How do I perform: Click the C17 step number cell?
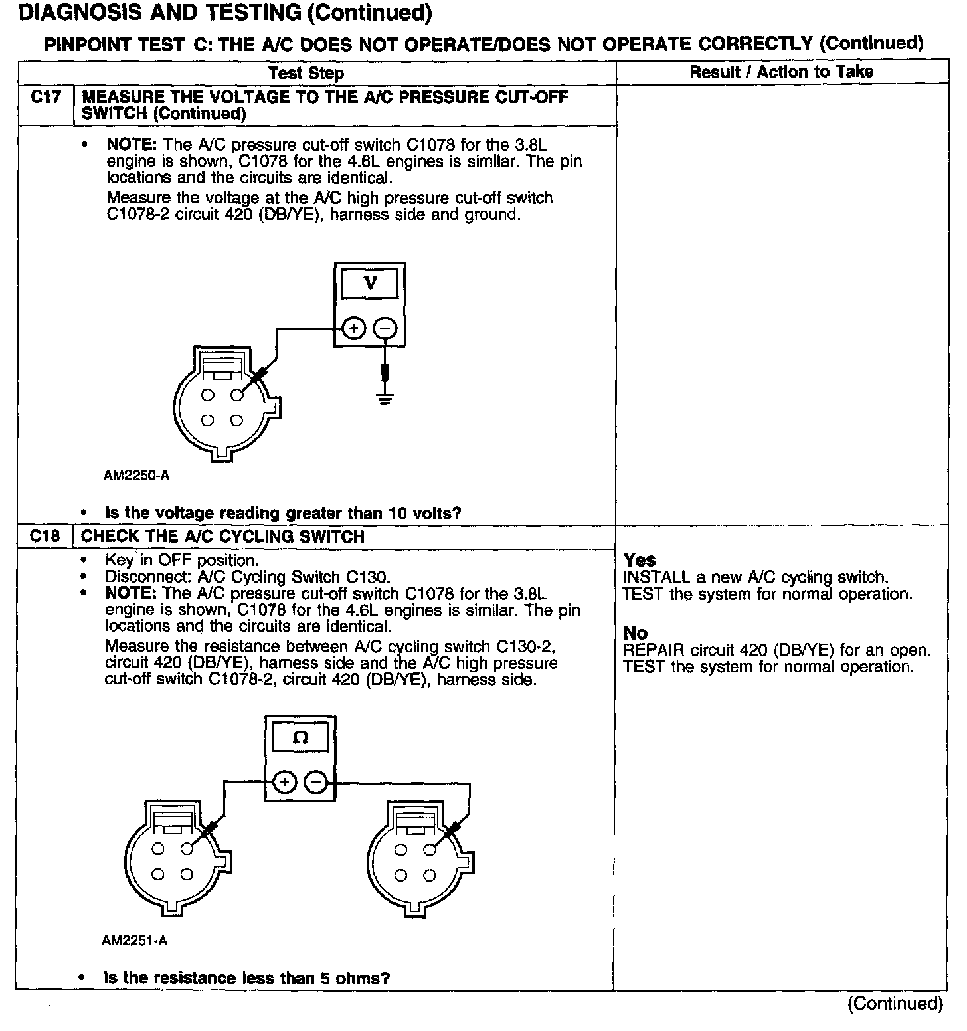[45, 98]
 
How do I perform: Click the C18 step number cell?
[45, 536]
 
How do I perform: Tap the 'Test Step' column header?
[306, 73]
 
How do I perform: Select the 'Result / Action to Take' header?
[781, 72]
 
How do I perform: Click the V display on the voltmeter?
[370, 284]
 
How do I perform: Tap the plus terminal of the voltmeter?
[354, 328]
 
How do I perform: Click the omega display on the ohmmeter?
[300, 738]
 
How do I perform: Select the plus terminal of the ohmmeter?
[285, 783]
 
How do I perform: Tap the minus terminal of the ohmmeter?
[316, 783]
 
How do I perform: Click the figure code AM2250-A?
[136, 476]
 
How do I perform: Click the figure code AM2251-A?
[135, 941]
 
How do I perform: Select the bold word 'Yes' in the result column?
[640, 560]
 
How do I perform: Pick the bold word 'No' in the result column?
[636, 633]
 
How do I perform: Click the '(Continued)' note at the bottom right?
[895, 1003]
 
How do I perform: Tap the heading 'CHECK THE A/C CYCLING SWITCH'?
[222, 537]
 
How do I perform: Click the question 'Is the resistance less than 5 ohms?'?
[246, 978]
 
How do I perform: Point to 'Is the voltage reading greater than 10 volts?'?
[283, 513]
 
